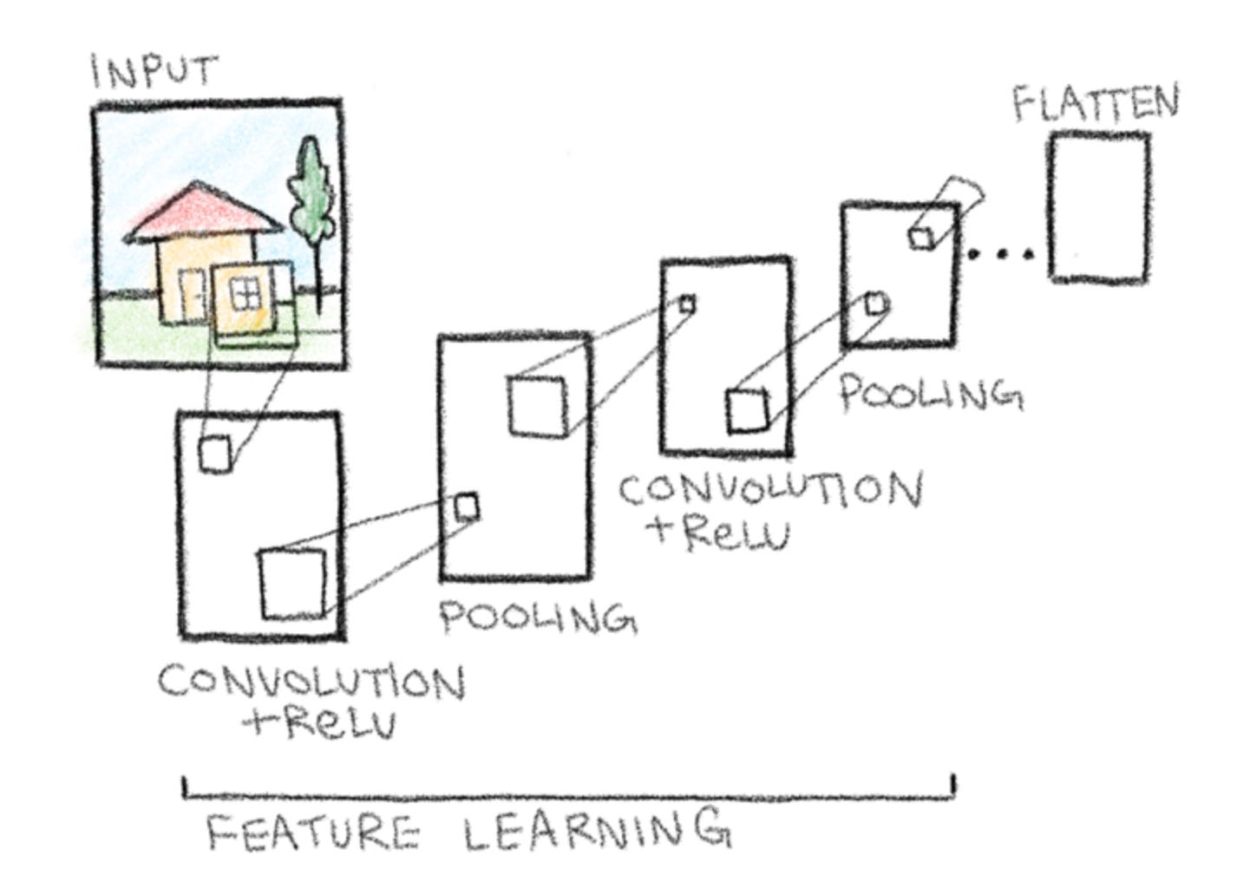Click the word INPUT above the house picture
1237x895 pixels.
[154, 70]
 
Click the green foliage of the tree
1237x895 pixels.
[311, 186]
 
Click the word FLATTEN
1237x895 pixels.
[1096, 103]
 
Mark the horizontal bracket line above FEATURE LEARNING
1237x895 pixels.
[568, 792]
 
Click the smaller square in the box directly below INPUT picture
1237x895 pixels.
[215, 454]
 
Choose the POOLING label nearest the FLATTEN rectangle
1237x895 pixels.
[929, 394]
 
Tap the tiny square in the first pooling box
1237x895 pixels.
[467, 506]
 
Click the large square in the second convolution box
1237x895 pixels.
[747, 411]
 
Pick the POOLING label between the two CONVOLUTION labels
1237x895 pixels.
[537, 617]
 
